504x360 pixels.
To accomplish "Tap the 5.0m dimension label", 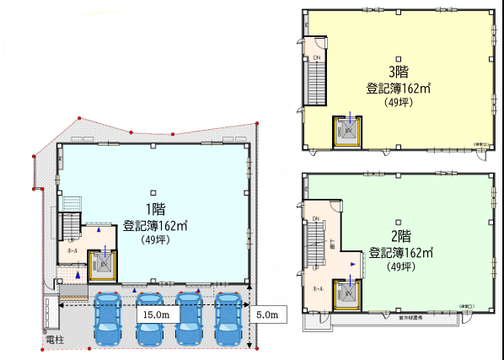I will coord(270,314).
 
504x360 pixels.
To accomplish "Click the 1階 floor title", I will coord(155,210).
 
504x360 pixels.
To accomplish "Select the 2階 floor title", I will coord(399,236).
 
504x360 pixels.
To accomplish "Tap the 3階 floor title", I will coord(397,72).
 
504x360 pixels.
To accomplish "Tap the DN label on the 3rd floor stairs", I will coord(316,57).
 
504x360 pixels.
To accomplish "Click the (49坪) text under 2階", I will coord(399,267).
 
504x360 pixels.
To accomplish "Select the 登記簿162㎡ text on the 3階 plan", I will coord(398,88).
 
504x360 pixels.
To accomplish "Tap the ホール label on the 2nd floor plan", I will coord(317,288).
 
